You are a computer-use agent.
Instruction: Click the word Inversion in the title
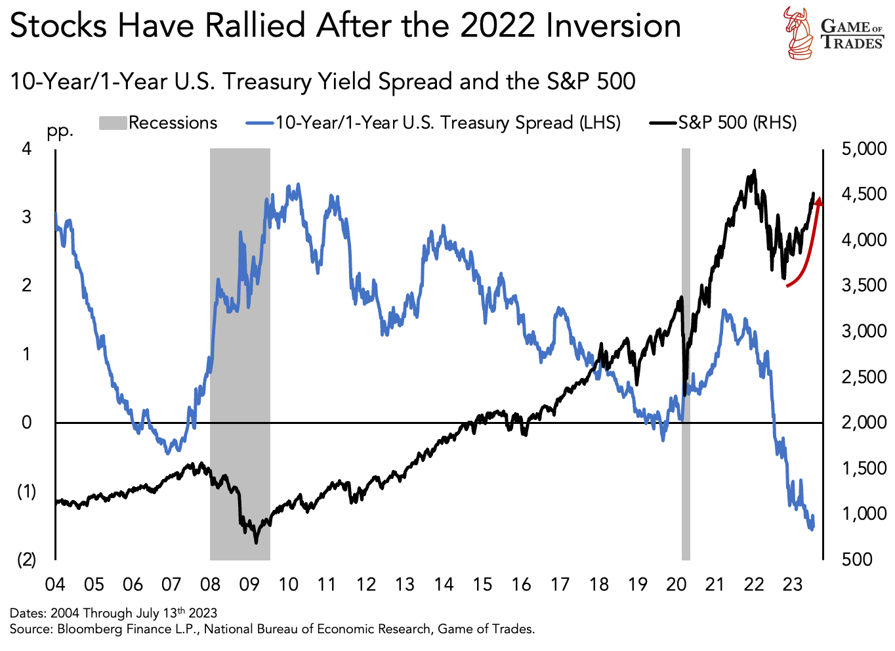coord(614,26)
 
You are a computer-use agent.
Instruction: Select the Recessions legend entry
coord(158,123)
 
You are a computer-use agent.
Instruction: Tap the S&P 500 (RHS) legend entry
coord(723,123)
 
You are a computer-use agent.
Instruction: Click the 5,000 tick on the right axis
coord(863,149)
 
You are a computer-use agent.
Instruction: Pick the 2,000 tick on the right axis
coord(863,423)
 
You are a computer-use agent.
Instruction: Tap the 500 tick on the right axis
coord(857,559)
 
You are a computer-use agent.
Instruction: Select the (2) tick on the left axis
coord(26,559)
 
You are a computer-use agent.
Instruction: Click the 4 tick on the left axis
coord(27,149)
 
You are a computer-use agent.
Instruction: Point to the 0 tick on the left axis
coord(27,423)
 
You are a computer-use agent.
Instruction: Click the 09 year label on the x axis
coord(249,584)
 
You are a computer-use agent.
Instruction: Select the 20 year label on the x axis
coord(676,584)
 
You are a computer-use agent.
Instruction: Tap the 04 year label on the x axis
coord(55,584)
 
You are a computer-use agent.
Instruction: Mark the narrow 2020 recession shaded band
coord(686,354)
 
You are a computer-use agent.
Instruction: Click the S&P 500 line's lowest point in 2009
coord(256,542)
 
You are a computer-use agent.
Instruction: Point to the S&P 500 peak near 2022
coord(755,171)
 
